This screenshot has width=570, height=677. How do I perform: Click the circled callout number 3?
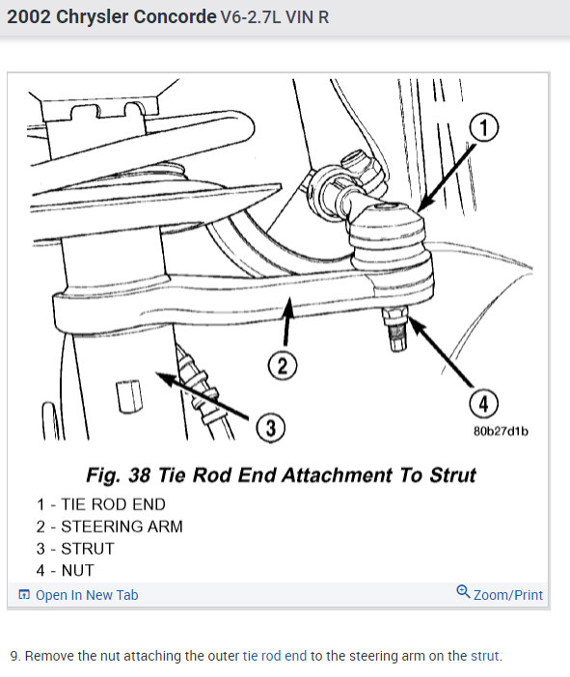pyautogui.click(x=272, y=428)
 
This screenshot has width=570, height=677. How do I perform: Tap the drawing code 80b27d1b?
pyautogui.click(x=502, y=431)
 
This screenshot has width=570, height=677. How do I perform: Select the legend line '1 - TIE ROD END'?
pyautogui.click(x=100, y=504)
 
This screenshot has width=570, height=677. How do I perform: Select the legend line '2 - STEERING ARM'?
pyautogui.click(x=109, y=527)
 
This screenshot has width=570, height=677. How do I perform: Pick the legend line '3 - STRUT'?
pyautogui.click(x=75, y=549)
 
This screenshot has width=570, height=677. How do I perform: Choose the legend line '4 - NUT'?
pyautogui.click(x=66, y=570)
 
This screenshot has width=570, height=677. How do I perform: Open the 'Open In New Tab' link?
pyautogui.click(x=86, y=595)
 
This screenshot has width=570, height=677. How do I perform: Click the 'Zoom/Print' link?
pyautogui.click(x=507, y=595)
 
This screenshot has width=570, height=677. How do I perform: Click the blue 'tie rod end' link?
pyautogui.click(x=275, y=657)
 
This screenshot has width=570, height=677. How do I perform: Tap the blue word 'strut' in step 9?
pyautogui.click(x=485, y=657)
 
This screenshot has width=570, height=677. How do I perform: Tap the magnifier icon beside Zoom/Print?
pyautogui.click(x=463, y=593)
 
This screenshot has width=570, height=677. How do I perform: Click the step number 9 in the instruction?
pyautogui.click(x=14, y=657)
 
